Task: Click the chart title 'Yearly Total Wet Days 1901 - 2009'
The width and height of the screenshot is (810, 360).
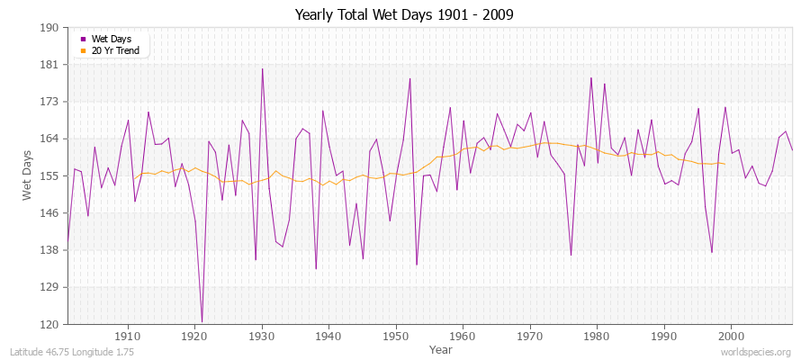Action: pos(404,15)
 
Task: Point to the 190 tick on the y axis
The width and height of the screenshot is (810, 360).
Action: pos(49,28)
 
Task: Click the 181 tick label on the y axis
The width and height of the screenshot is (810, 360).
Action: pos(49,65)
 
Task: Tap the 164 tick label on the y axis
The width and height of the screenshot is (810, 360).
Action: pos(49,139)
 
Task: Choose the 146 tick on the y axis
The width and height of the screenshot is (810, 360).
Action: pos(49,212)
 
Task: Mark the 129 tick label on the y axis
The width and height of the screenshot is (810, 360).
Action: pos(49,287)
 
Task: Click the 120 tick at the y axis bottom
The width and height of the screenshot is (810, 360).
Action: pos(49,324)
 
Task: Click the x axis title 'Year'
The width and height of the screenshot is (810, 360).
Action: pos(429,348)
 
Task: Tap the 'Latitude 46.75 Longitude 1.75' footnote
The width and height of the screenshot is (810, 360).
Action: pos(72,352)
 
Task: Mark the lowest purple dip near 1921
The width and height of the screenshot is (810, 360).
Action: pos(202,321)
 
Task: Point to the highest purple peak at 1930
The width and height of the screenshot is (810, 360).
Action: pos(262,68)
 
